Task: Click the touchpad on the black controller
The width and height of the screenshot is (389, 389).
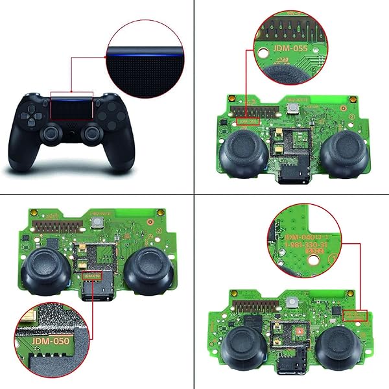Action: pyautogui.click(x=73, y=109)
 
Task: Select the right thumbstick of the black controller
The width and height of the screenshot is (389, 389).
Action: pyautogui.click(x=93, y=133)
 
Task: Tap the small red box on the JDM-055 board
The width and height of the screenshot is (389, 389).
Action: pyautogui.click(x=247, y=121)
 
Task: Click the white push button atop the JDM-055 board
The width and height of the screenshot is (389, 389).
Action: pyautogui.click(x=296, y=108)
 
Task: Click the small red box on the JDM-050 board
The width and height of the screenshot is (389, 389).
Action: pyautogui.click(x=92, y=276)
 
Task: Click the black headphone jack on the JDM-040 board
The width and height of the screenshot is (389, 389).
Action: pyautogui.click(x=285, y=366)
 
